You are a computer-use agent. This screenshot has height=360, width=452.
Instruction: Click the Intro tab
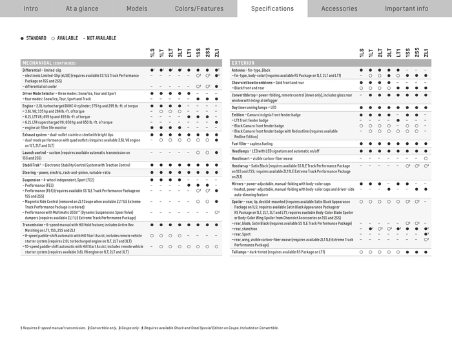pyautogui.click(x=31, y=8)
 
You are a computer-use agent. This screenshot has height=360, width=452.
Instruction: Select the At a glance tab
pyautogui.click(x=81, y=8)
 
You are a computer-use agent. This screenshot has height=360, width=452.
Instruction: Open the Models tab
pyautogui.click(x=137, y=8)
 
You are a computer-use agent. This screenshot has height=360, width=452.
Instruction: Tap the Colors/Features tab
pyautogui.click(x=199, y=8)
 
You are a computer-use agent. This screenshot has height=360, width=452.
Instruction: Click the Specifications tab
pyautogui.click(x=272, y=8)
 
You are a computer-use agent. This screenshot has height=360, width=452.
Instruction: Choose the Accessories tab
pyautogui.click(x=339, y=8)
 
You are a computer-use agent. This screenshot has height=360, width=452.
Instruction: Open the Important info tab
pyautogui.click(x=406, y=8)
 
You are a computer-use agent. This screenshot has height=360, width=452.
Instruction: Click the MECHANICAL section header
pyautogui.click(x=48, y=63)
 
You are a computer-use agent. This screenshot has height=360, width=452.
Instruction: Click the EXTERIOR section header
pyautogui.click(x=243, y=63)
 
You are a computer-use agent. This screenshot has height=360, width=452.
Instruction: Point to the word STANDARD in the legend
pyautogui.click(x=36, y=38)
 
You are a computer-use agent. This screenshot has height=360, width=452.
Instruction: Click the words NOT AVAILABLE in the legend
pyautogui.click(x=101, y=38)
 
